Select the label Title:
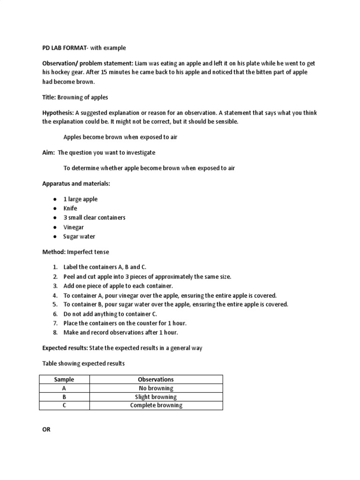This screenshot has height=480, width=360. (49, 97)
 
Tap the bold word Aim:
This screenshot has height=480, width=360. (48, 152)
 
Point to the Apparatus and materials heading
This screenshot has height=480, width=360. (76, 184)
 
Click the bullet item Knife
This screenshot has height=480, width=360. (70, 208)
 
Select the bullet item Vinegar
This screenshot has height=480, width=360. (74, 227)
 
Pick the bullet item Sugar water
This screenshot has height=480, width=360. (79, 237)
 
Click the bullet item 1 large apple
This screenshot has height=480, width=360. (81, 199)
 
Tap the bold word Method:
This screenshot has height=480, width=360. (53, 252)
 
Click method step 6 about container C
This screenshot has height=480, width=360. (110, 314)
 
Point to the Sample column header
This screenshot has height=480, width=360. (64, 379)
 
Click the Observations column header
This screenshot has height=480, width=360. (156, 379)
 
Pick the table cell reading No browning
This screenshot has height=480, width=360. (156, 388)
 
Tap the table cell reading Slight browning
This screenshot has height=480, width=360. (156, 397)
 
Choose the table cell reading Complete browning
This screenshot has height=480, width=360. (156, 405)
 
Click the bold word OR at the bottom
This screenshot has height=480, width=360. (46, 430)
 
